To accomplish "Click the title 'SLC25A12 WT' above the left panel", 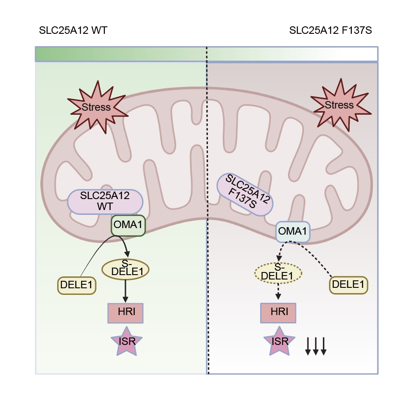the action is pos(73,30).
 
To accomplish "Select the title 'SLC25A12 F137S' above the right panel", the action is pos(330,30).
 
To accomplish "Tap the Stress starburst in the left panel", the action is pos(97,107).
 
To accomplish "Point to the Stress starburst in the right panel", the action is pos(340,105).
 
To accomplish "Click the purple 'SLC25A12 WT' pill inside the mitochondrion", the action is pos(105,202).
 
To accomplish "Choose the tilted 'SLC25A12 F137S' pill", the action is pos(245,195).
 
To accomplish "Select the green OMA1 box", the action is pos(128,225).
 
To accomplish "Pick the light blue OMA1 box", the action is pos(293,232).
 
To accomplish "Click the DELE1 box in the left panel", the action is pos(76,285).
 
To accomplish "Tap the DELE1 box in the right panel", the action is pos(348,285).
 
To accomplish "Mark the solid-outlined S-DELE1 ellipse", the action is pos(125,269).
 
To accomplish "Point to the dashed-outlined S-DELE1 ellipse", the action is pos(278,273).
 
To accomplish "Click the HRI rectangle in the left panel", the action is pos(125,313).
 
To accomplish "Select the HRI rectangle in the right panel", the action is pos(278,313).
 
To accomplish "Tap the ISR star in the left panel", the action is pos(126,342).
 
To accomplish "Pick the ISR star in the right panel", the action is pos(279,342).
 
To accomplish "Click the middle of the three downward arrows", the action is pos(315,346).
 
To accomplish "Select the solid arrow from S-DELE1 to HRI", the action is pos(125,291).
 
